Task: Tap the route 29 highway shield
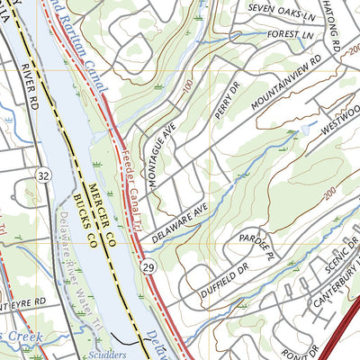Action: [147, 266]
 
